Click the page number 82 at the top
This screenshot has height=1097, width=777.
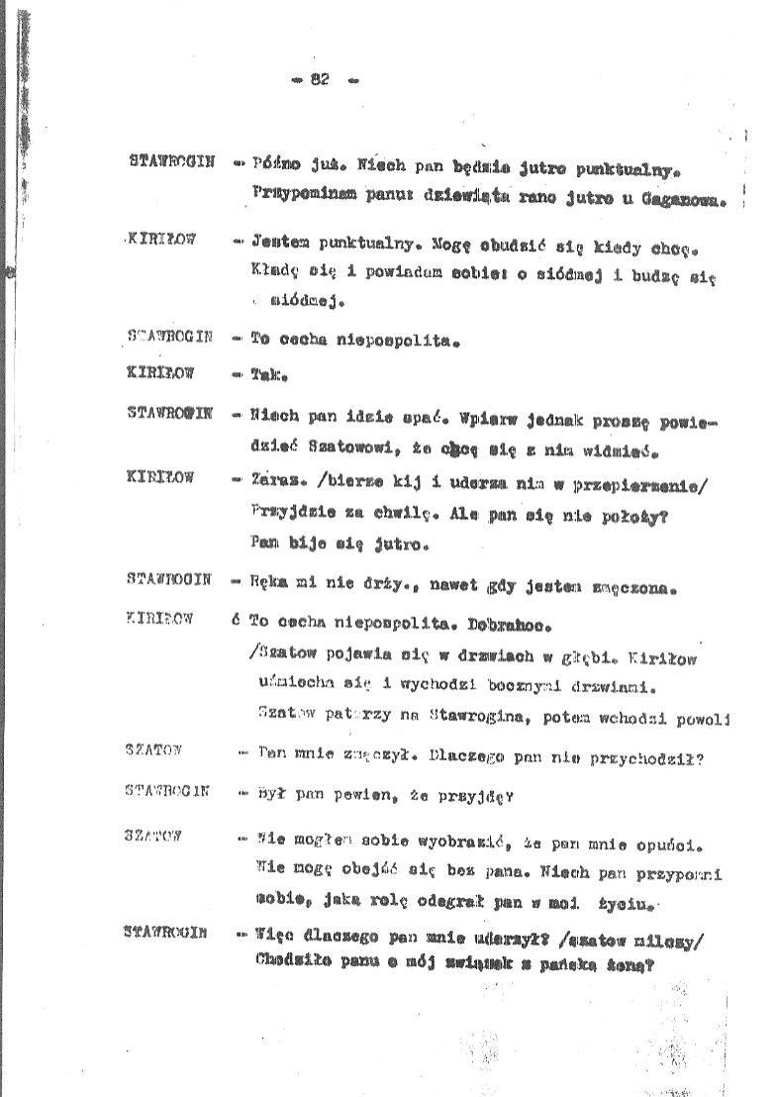[x=319, y=80]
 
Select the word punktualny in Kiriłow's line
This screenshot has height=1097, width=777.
[x=360, y=241]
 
